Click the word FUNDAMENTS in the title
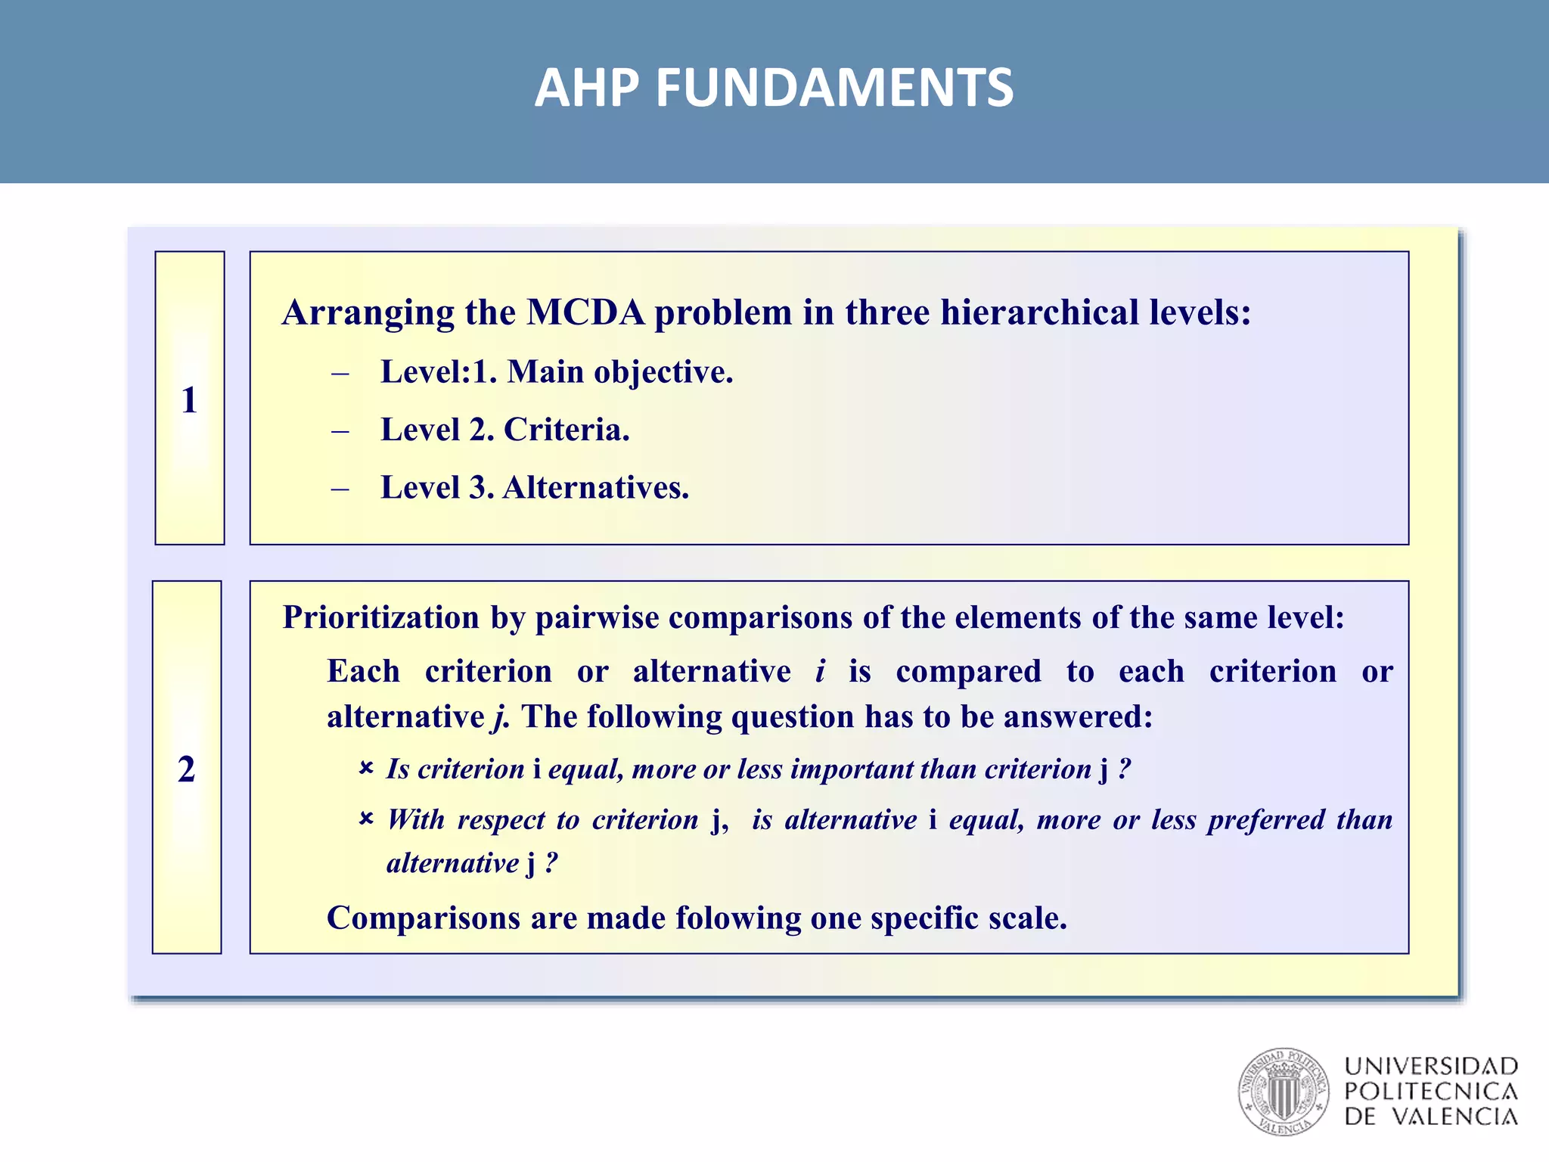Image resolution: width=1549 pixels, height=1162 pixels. pos(833,88)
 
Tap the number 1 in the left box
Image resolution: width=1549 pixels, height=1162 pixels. pos(189,399)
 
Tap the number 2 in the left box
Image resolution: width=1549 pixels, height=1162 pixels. pos(186,769)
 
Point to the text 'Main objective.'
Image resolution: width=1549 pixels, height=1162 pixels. pos(619,371)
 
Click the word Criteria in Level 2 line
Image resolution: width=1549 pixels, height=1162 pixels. pos(566,430)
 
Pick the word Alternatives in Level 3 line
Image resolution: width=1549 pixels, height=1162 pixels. pos(595,487)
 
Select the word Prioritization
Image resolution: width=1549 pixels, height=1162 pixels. pos(381,617)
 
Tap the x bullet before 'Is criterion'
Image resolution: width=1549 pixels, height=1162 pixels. pos(366,769)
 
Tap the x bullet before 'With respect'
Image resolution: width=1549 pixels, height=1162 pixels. pos(366,819)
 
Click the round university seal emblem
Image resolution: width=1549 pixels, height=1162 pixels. pos(1283,1091)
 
